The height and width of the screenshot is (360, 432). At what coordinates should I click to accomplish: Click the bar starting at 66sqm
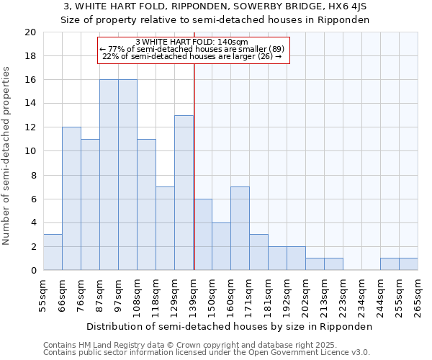(71, 199)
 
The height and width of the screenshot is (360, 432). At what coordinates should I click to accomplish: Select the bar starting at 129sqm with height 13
(184, 193)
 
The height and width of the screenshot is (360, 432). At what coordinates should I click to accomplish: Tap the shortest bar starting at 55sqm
(53, 252)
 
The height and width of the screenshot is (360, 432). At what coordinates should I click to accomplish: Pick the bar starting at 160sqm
(240, 228)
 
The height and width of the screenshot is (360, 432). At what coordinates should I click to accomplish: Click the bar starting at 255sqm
(408, 264)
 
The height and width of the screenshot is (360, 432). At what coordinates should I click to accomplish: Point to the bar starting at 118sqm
(165, 228)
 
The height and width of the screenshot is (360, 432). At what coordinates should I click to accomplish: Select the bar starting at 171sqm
(258, 252)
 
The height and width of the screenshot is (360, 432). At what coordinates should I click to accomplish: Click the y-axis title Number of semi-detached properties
(7, 156)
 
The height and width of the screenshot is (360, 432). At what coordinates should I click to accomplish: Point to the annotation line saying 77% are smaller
(192, 49)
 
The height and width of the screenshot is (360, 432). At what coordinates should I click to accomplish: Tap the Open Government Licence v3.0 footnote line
(207, 353)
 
